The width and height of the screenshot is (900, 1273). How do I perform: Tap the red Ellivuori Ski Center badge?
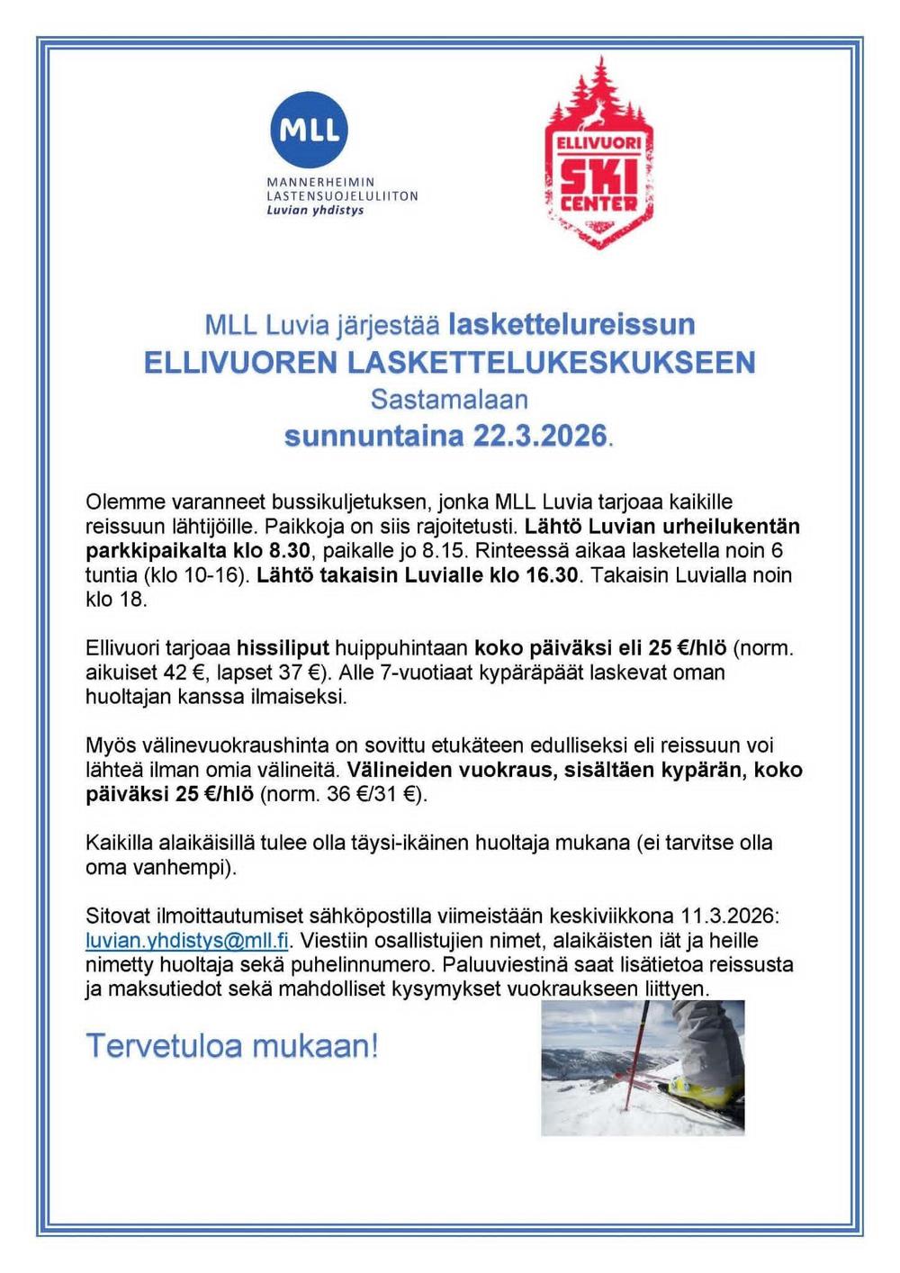pos(598,158)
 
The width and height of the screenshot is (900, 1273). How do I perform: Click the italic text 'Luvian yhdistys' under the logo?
pos(315,211)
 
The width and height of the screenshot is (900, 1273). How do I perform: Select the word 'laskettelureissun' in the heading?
pos(571,323)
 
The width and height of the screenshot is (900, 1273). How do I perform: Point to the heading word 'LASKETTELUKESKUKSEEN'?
pos(551,362)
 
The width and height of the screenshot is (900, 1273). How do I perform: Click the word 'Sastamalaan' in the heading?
pos(449,399)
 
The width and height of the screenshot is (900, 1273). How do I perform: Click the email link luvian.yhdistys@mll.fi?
pos(187,941)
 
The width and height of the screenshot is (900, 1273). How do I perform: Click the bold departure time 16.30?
pos(552,575)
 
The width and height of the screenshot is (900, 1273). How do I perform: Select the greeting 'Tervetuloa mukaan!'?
pos(232,1046)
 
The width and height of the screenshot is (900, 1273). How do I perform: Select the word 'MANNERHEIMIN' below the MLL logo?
pos(321,182)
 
